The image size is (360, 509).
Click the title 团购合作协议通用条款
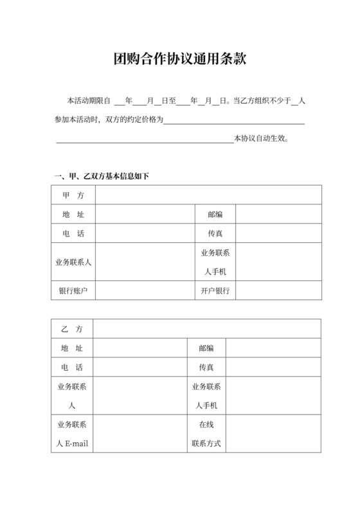point(179,59)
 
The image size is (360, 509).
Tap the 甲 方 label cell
point(73,195)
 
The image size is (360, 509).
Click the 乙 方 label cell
point(72,328)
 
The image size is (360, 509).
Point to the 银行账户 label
point(73,290)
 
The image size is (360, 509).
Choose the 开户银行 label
point(215,290)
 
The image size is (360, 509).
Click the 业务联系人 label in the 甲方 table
point(73,262)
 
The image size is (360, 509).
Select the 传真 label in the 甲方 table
point(215,233)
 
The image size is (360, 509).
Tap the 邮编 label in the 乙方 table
point(206,348)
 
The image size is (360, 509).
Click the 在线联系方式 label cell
point(206,434)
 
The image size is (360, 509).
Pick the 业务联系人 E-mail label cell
point(72,434)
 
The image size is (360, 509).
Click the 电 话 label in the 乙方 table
point(72,367)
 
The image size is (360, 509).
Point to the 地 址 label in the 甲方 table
point(73,214)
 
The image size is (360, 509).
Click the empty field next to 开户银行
point(278,290)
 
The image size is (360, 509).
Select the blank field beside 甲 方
point(208,195)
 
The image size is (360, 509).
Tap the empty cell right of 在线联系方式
point(273,434)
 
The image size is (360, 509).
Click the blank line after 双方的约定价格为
point(235,120)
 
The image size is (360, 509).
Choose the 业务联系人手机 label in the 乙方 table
point(206,396)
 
